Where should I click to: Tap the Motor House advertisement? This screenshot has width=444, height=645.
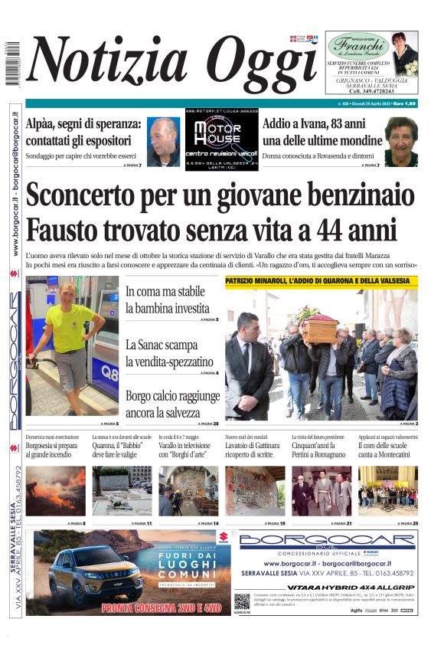click(221, 139)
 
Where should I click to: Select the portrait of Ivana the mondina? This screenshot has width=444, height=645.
click(400, 140)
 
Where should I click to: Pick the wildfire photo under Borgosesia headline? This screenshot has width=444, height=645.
click(56, 490)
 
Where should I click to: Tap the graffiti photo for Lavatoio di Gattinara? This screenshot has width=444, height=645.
click(255, 490)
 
